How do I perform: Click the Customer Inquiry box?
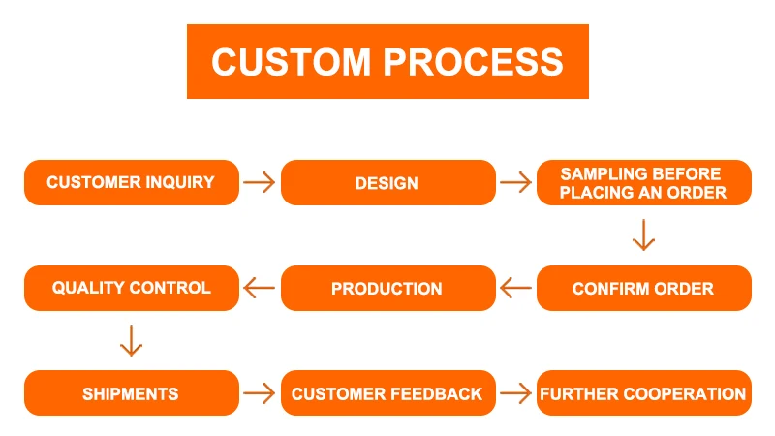(131, 182)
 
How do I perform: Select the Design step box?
(387, 182)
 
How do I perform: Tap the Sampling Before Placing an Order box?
(643, 182)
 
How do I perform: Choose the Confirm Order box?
(643, 288)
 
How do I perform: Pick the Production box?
(387, 288)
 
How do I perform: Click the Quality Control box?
(131, 288)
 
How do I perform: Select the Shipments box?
(131, 393)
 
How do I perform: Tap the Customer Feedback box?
(387, 393)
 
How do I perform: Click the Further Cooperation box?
(643, 393)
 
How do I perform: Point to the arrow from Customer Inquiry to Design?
(260, 182)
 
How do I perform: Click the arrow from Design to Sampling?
(515, 182)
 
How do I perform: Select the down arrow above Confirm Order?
(643, 235)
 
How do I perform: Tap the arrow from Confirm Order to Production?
(515, 288)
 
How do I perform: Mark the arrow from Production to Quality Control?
(260, 288)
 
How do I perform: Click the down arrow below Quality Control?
(131, 340)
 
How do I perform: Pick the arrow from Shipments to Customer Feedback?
(260, 393)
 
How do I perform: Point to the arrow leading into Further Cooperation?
(515, 393)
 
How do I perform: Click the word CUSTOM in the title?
(292, 62)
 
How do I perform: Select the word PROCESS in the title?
(474, 62)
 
